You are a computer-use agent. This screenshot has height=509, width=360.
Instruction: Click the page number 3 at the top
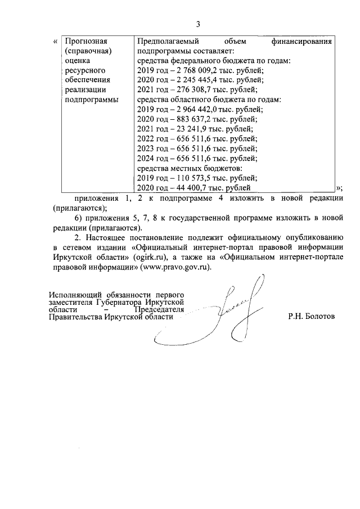click(x=197, y=24)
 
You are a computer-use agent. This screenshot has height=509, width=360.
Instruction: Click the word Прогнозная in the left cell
click(x=86, y=42)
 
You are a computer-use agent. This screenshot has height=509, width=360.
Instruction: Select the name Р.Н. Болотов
click(x=311, y=317)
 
